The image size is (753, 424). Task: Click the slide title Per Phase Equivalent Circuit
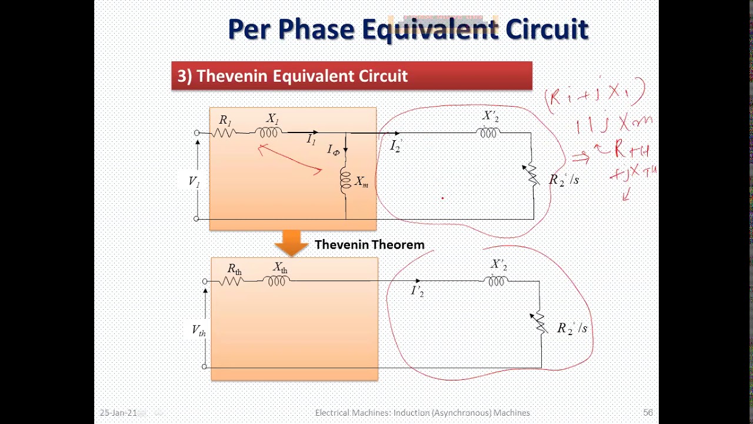[x=408, y=29]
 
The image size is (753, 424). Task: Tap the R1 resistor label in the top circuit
[x=225, y=120]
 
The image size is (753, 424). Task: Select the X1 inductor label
[x=272, y=119]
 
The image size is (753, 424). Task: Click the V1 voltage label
[x=194, y=181]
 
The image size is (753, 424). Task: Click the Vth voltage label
[x=199, y=330]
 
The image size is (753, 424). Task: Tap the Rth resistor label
[x=234, y=269]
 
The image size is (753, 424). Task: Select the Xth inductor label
[x=280, y=267]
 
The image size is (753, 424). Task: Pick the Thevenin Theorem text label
[x=369, y=244]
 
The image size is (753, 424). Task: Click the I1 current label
[x=311, y=140]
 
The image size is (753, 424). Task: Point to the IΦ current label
[x=334, y=150]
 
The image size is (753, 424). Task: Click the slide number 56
[x=648, y=413]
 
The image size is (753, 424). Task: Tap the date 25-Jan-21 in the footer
[x=118, y=413]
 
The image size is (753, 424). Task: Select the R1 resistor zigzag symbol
[x=224, y=133]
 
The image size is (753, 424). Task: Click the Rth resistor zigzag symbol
[x=232, y=281]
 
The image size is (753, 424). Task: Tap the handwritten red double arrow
[x=580, y=157]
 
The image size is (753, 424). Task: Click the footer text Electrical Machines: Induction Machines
[x=422, y=413]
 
